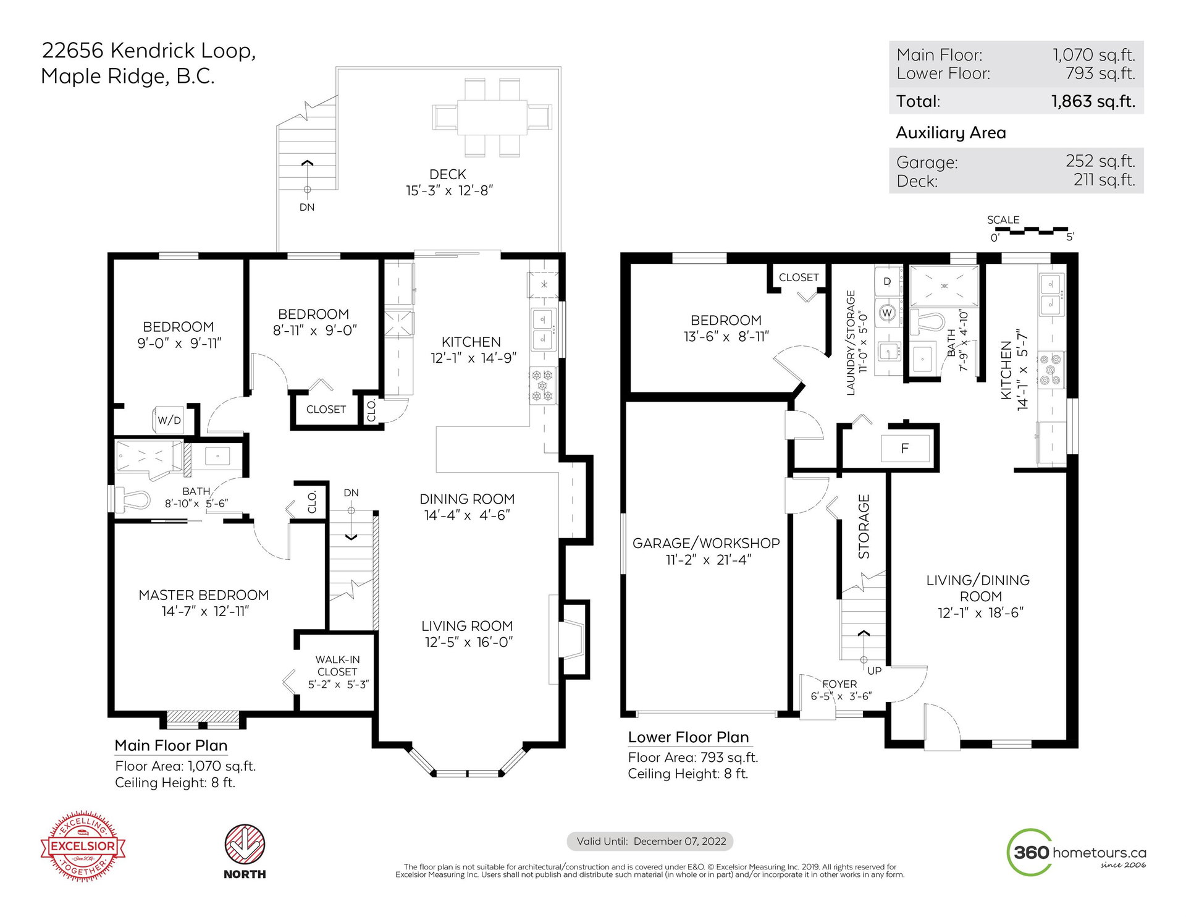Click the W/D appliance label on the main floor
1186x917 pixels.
169,420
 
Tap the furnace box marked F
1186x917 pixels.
905,449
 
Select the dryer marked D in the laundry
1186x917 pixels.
888,281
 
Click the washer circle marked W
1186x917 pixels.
888,312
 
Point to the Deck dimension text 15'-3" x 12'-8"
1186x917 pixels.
449,191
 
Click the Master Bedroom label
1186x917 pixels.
204,595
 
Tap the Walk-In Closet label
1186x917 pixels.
337,666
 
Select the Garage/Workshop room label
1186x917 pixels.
706,543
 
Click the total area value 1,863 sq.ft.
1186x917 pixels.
1093,101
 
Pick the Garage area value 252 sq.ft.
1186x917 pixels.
1100,161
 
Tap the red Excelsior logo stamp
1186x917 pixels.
83,846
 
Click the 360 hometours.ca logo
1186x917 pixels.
1077,853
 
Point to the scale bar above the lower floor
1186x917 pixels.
1031,231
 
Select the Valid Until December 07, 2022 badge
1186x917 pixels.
650,841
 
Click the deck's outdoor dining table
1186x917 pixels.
492,117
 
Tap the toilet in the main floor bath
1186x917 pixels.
132,500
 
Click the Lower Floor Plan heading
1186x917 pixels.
688,737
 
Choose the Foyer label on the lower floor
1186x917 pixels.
839,684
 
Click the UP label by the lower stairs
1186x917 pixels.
874,670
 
